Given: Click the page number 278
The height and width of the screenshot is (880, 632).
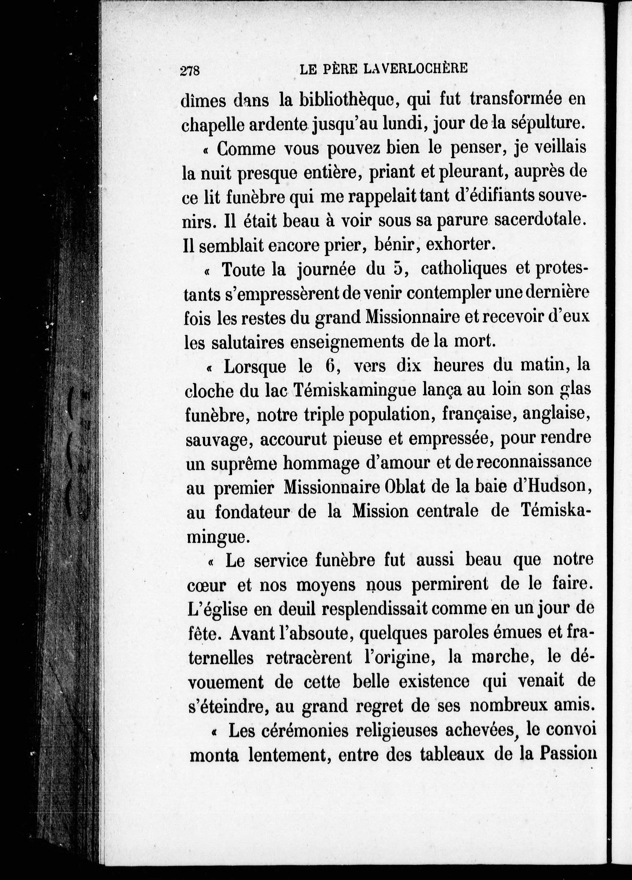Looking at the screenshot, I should pyautogui.click(x=190, y=71).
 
